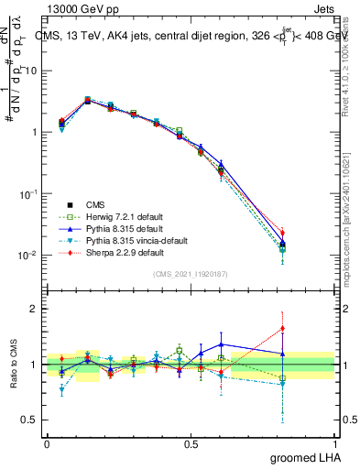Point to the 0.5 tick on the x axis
click(191, 443)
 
